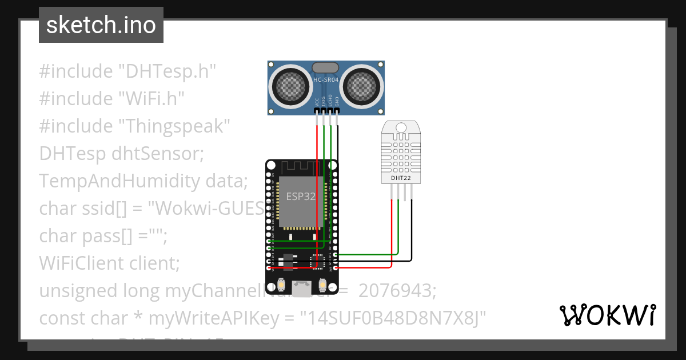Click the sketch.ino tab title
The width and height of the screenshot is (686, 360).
(101, 25)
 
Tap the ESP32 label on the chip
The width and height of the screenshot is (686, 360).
(301, 196)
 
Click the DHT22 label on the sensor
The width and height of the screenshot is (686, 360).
(401, 178)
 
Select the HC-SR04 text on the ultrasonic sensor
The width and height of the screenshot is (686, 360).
(325, 79)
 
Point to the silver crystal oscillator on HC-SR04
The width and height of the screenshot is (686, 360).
(326, 68)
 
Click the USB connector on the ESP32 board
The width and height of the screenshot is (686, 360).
(301, 286)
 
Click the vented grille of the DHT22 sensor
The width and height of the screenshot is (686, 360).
(401, 151)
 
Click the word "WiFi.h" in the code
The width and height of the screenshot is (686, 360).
(151, 98)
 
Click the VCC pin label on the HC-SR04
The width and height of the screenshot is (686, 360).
(317, 102)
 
